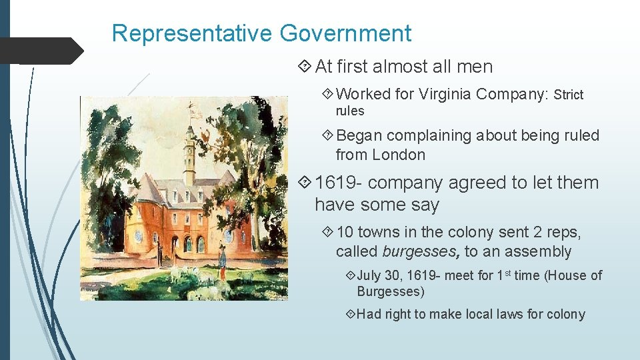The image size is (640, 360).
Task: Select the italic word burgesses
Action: [x=421, y=251]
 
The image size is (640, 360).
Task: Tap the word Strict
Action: [x=569, y=95]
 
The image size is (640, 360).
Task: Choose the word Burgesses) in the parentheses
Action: [x=391, y=291]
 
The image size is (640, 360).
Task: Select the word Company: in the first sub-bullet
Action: [x=517, y=95]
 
